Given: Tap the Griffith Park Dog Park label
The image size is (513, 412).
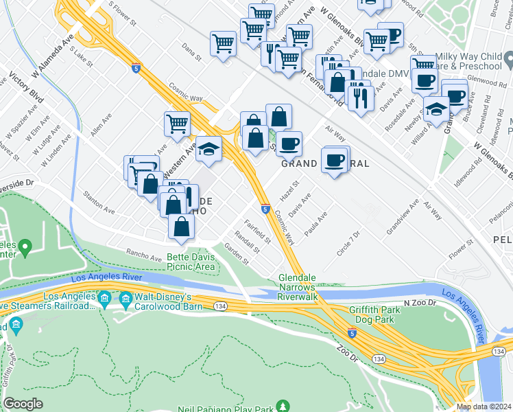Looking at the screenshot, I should click(x=381, y=314).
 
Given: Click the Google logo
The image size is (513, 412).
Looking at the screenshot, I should click(x=23, y=403).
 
